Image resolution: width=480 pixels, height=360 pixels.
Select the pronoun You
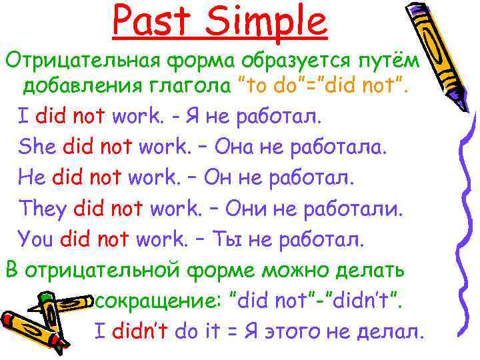(x=37, y=238)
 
